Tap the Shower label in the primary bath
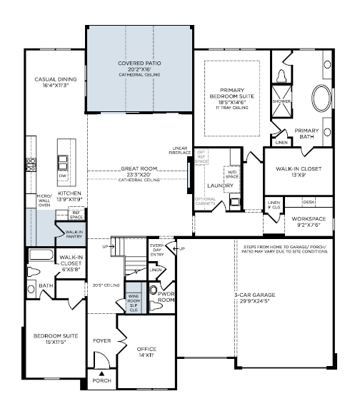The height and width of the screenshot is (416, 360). pos(281,101)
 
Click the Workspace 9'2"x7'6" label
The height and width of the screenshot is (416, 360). pos(311,222)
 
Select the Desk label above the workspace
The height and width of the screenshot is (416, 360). pos(309,202)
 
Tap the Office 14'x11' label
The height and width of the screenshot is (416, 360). pos(146,352)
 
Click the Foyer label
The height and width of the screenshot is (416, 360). pos(102,341)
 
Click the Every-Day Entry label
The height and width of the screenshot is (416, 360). pos(158,250)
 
